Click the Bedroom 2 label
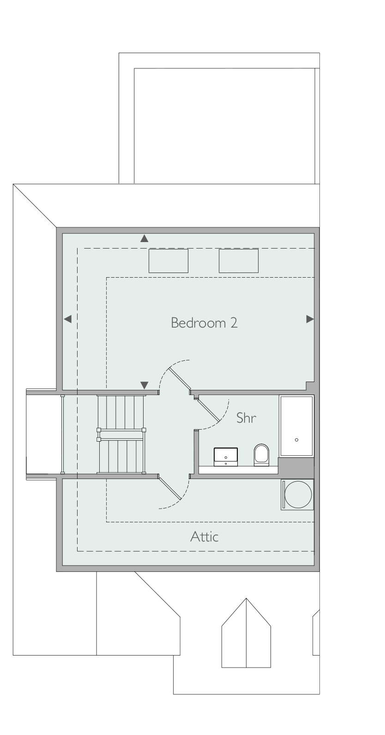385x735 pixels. pyautogui.click(x=204, y=323)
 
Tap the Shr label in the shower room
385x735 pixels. pyautogui.click(x=246, y=418)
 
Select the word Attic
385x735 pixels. pyautogui.click(x=205, y=537)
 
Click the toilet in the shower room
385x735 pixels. pyautogui.click(x=261, y=455)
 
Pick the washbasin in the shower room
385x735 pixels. pyautogui.click(x=226, y=457)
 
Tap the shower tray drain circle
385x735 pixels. pyautogui.click(x=296, y=440)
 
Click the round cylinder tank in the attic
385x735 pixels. pyautogui.click(x=298, y=494)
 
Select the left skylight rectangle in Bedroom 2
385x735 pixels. pyautogui.click(x=168, y=261)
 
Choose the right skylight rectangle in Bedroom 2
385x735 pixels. pyautogui.click(x=238, y=261)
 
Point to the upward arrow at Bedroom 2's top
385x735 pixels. pyautogui.click(x=144, y=238)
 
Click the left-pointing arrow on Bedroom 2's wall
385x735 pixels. pyautogui.click(x=67, y=319)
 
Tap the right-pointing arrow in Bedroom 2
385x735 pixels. pyautogui.click(x=310, y=319)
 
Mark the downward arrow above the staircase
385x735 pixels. pyautogui.click(x=144, y=385)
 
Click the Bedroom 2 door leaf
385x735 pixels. pyautogui.click(x=180, y=380)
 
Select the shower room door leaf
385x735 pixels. pyautogui.click(x=208, y=409)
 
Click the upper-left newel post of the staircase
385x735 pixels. pyautogui.click(x=99, y=430)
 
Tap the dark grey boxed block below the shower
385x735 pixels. pyautogui.click(x=296, y=468)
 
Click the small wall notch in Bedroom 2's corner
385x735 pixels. pyautogui.click(x=310, y=386)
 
